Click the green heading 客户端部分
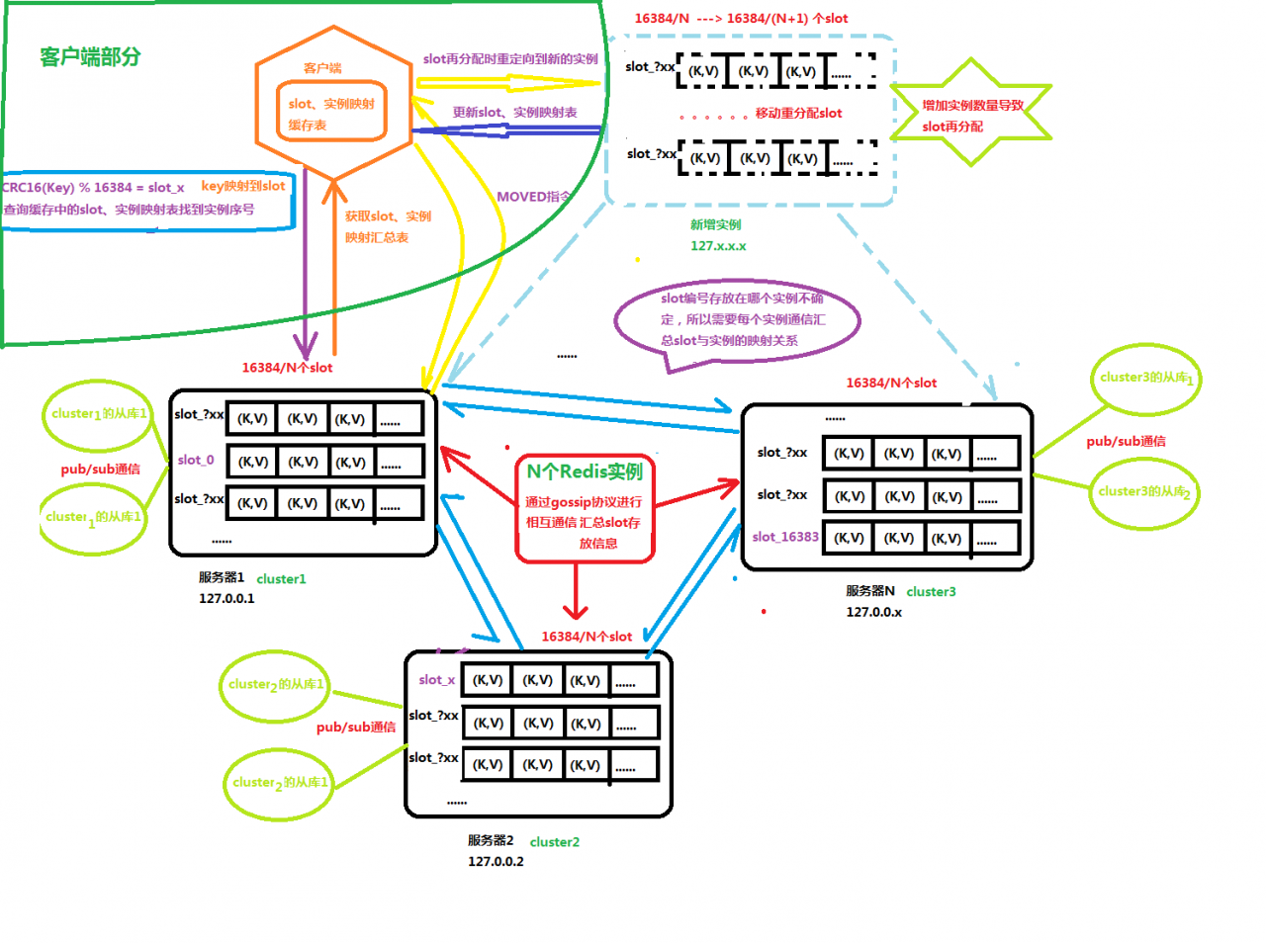(90, 57)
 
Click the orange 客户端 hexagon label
(322, 68)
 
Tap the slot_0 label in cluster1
(196, 460)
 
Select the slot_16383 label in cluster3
(785, 537)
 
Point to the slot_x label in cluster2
(436, 680)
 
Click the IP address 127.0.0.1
(226, 598)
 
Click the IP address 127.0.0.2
(496, 861)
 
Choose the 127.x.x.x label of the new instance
(718, 246)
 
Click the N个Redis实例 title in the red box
(584, 471)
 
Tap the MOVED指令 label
(533, 197)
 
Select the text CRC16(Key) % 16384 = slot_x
(93, 187)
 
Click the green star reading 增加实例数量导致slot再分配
(971, 116)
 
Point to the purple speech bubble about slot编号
(737, 320)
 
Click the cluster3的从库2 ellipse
(1144, 492)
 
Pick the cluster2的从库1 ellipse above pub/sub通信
(275, 684)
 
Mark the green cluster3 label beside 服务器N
(931, 591)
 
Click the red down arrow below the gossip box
(576, 593)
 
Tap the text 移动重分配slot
(798, 114)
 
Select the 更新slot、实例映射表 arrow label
(514, 113)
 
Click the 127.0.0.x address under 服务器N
(873, 612)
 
